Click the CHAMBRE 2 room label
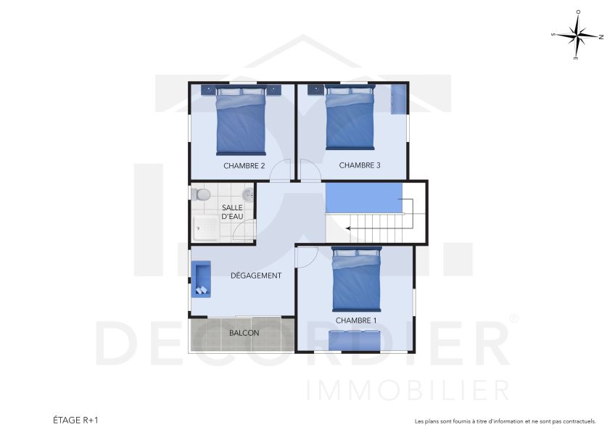pyautogui.click(x=244, y=166)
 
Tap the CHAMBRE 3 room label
pyautogui.click(x=360, y=165)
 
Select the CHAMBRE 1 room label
pyautogui.click(x=356, y=320)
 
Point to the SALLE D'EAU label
pyautogui.click(x=232, y=212)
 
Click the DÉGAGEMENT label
pyautogui.click(x=256, y=275)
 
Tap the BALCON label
pyautogui.click(x=244, y=333)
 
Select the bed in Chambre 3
pyautogui.click(x=350, y=119)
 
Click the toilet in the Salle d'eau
pyautogui.click(x=201, y=194)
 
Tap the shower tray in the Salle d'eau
pyautogui.click(x=207, y=227)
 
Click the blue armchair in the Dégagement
pyautogui.click(x=201, y=279)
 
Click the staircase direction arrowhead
pyautogui.click(x=350, y=228)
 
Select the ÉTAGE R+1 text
pyautogui.click(x=75, y=420)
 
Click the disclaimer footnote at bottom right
pyautogui.click(x=505, y=421)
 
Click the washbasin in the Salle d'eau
pyautogui.click(x=249, y=194)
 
